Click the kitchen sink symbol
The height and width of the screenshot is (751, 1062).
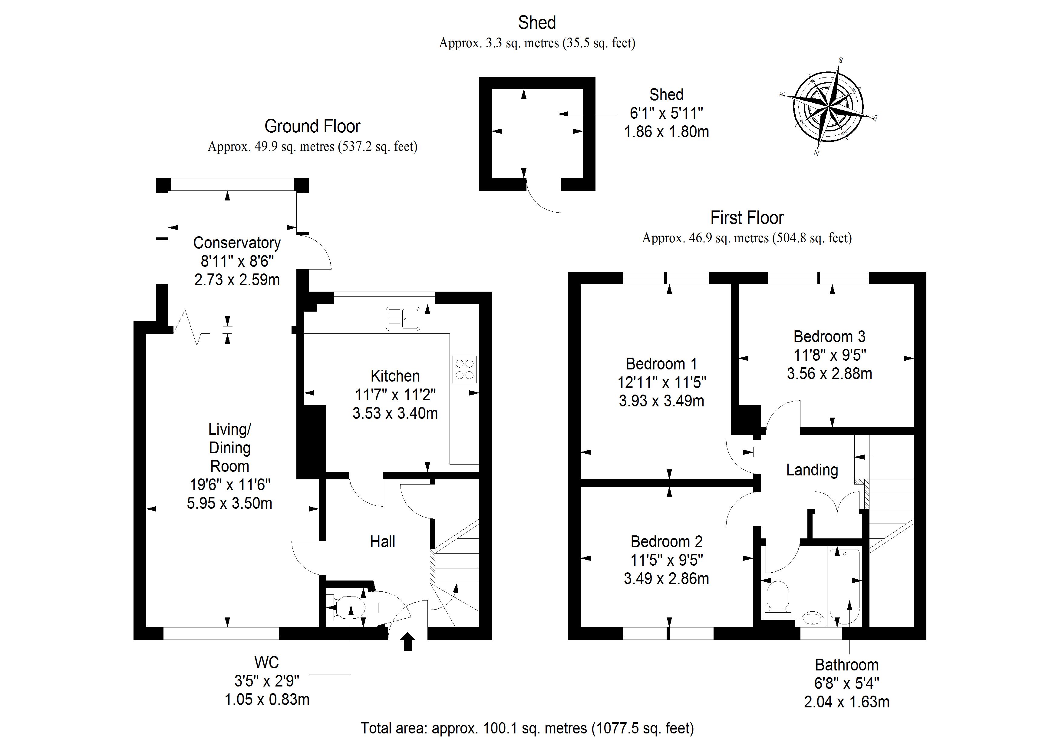coord(403,319)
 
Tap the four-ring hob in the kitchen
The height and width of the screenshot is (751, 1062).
coord(464,369)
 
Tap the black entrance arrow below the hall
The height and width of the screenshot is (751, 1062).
coord(407,642)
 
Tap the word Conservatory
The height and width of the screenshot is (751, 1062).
coord(237,243)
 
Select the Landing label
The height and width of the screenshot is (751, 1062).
coord(812,470)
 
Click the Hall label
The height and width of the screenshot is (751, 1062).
coord(383,542)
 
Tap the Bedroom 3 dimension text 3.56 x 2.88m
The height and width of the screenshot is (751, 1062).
coord(829,373)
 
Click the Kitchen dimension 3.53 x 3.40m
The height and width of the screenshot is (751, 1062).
coord(395,413)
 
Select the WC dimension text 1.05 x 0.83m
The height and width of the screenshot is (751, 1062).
coord(267,699)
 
